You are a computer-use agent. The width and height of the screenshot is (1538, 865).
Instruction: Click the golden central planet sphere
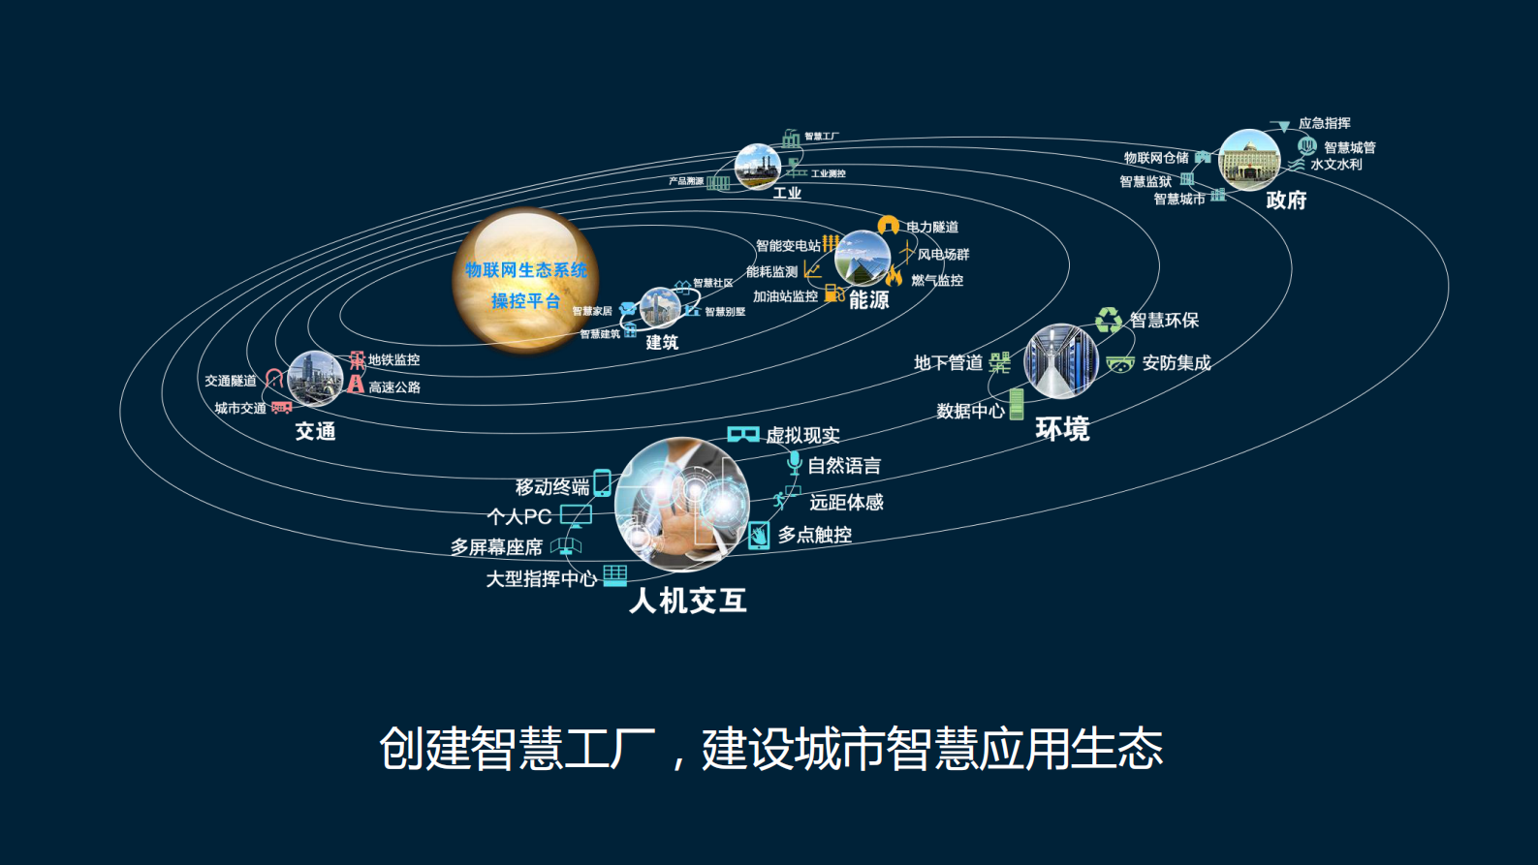525,280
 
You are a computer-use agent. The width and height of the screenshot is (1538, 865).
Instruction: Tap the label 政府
1286,201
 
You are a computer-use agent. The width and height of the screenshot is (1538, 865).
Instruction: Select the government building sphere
1248,160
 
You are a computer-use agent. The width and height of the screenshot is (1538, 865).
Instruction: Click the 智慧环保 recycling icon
1108,320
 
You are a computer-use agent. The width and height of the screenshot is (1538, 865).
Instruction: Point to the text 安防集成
1177,363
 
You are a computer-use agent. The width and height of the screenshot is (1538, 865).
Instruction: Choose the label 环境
1062,429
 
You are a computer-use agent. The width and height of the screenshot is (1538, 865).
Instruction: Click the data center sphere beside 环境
1061,361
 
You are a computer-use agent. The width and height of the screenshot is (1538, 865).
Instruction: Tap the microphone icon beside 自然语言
795,464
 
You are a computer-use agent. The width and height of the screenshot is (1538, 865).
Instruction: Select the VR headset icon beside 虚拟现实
743,434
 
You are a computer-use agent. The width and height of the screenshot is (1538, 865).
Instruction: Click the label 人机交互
688,602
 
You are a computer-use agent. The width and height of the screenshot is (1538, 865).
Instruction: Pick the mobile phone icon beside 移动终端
603,482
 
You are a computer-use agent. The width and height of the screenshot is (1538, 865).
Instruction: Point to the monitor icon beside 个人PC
576,515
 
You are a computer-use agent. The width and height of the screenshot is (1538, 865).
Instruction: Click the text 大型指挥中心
541,579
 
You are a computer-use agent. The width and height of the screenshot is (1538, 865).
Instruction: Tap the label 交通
315,432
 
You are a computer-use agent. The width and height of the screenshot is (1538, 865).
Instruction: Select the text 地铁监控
393,360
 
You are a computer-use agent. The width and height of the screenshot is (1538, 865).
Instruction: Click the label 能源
868,300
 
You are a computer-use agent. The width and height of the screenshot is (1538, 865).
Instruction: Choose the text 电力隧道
932,227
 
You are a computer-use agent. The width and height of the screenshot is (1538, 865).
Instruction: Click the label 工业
787,193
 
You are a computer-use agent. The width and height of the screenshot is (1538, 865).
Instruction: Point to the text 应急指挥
1324,123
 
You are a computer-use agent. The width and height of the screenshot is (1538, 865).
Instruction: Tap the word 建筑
662,343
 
